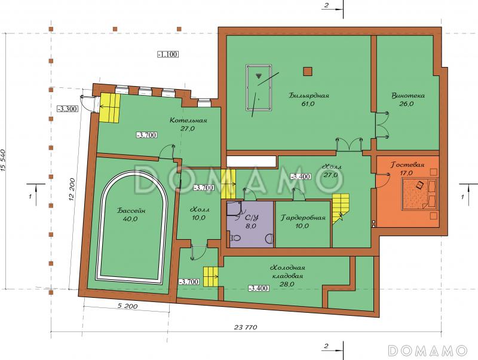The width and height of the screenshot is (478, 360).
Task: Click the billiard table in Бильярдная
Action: (259, 87)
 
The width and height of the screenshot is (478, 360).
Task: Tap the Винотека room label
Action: (408, 96)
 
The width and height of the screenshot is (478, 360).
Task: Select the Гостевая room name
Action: (407, 164)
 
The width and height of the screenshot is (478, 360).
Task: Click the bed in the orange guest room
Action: (420, 194)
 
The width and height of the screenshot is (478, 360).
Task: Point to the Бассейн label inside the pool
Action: (131, 210)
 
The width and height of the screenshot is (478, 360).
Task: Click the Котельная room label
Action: (188, 120)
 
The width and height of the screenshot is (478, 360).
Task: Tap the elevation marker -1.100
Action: (168, 54)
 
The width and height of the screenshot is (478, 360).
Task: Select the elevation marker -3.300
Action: (68, 108)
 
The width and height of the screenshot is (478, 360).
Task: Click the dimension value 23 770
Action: (246, 327)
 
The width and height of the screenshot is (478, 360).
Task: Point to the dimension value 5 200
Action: (127, 306)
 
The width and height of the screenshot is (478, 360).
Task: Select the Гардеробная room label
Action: (303, 218)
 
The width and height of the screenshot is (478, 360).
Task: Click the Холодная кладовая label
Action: (287, 271)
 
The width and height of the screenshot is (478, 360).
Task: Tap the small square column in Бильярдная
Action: (308, 71)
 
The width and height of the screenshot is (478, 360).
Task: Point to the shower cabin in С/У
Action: (234, 210)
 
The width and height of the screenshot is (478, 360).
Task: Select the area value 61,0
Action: (308, 103)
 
